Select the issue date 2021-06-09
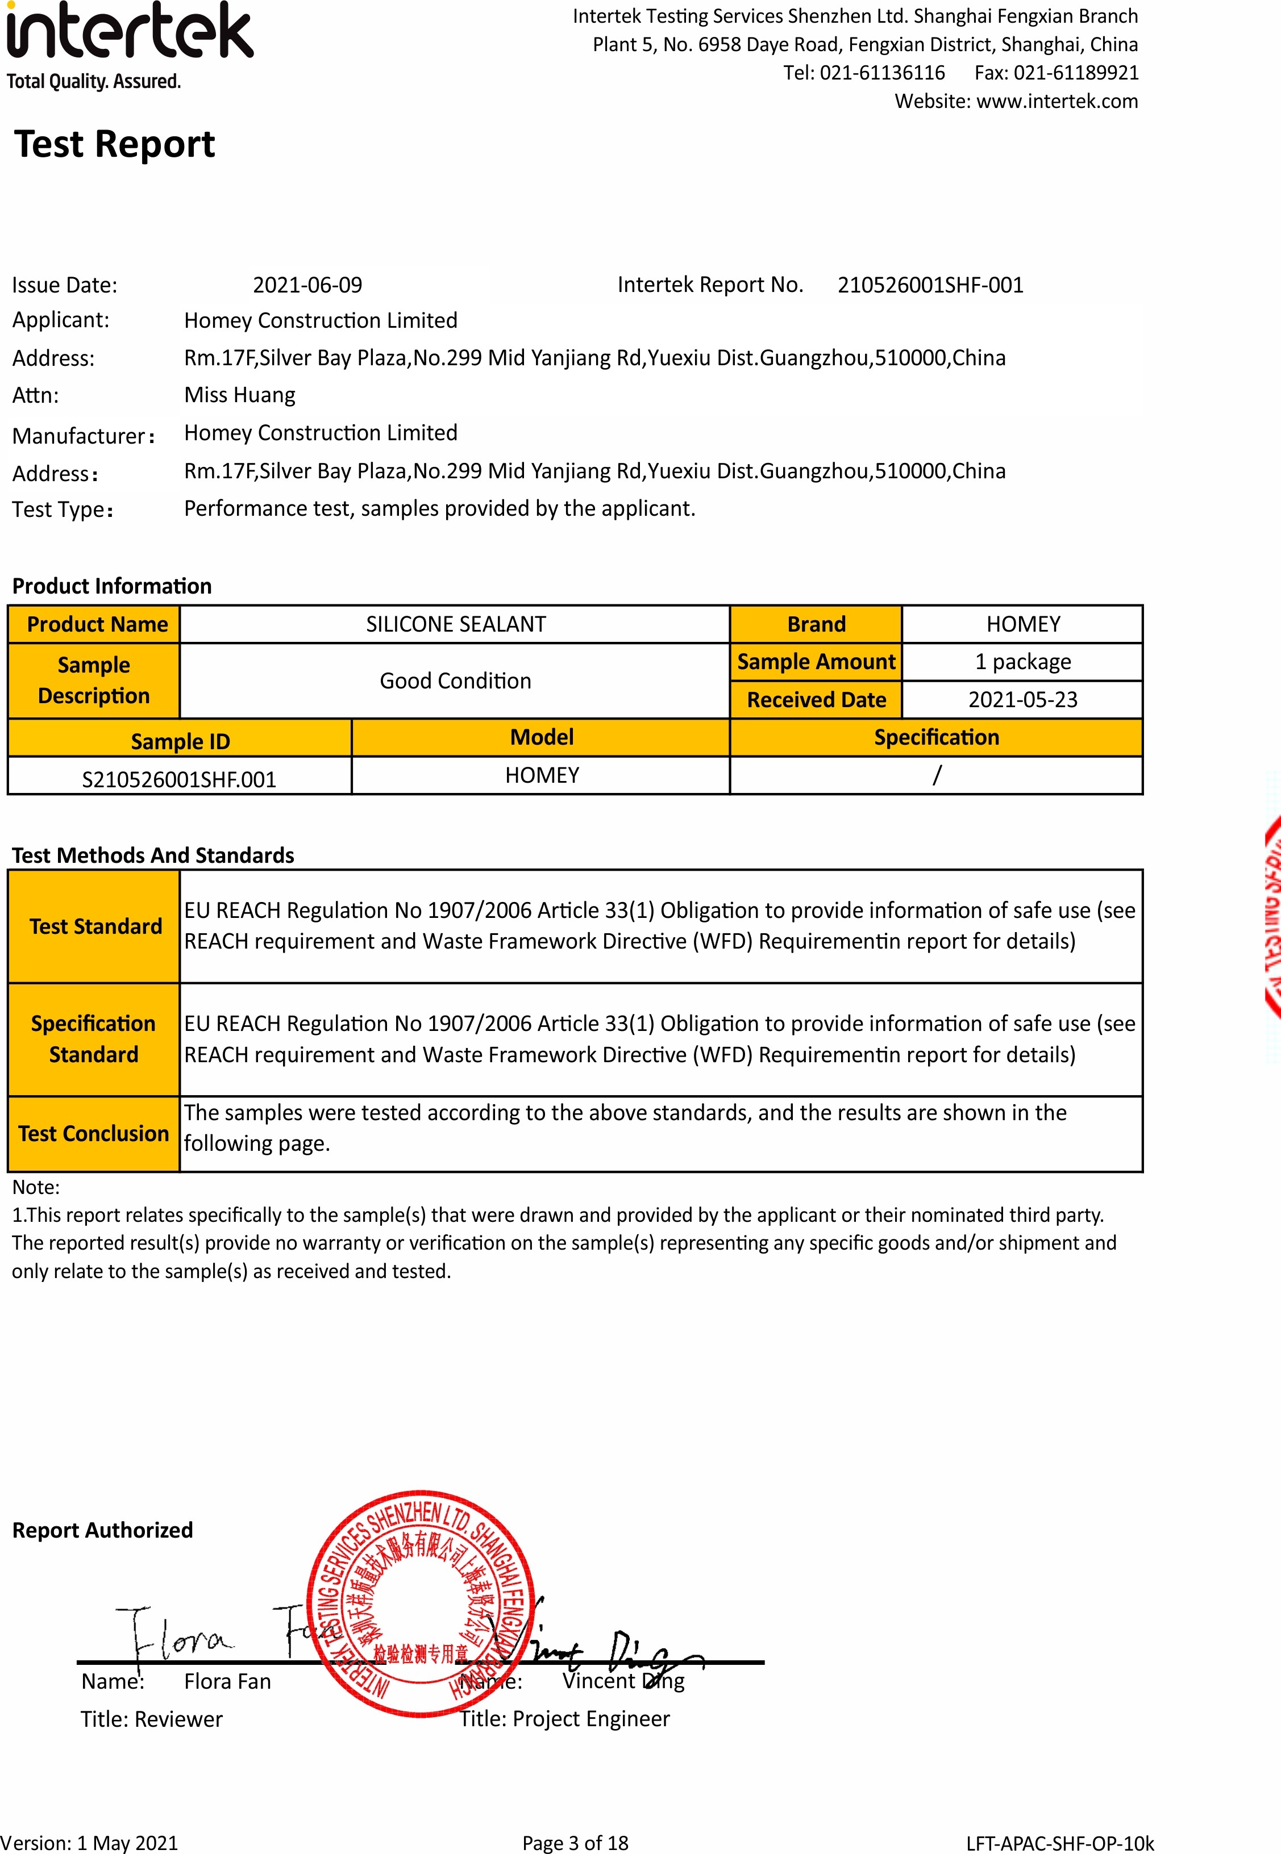(307, 285)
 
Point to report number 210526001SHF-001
(930, 285)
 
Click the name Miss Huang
(239, 395)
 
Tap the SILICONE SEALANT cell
(455, 624)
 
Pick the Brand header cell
(816, 624)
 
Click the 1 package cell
(1022, 662)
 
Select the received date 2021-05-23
(1022, 700)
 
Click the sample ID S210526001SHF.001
(179, 779)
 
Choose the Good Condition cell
(455, 680)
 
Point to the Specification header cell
(936, 737)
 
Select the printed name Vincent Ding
(623, 1681)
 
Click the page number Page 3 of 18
(575, 1843)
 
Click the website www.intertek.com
(1057, 101)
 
